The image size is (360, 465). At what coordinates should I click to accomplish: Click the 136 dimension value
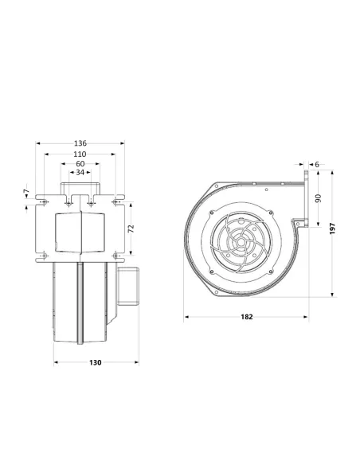pos(80,144)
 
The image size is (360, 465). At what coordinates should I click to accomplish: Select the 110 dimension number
pos(80,154)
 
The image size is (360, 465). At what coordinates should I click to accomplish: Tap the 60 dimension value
pos(80,163)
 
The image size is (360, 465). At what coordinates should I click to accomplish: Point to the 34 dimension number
pos(80,172)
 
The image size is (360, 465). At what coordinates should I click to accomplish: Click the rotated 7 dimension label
pos(25,193)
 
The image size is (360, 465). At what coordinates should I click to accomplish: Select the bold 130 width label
pos(95,362)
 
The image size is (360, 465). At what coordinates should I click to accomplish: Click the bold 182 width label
pos(246,317)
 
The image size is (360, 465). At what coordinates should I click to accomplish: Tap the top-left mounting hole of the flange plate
pos(43,205)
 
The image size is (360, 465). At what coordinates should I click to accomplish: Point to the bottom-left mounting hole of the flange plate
pos(43,255)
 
